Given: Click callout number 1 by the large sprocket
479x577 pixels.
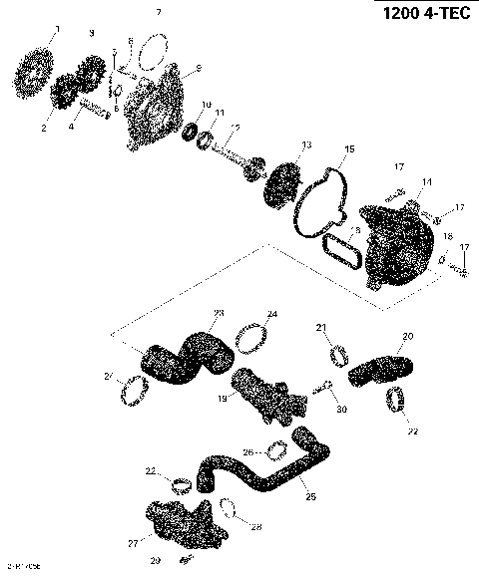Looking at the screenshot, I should pyautogui.click(x=56, y=31).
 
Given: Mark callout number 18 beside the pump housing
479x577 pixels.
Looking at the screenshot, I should pyautogui.click(x=448, y=236).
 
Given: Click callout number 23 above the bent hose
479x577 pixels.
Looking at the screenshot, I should pyautogui.click(x=220, y=313).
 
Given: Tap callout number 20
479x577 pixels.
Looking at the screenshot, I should pyautogui.click(x=407, y=336).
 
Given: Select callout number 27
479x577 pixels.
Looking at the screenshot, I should pyautogui.click(x=132, y=544).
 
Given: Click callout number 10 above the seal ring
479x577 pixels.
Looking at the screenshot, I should pyautogui.click(x=206, y=105).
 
